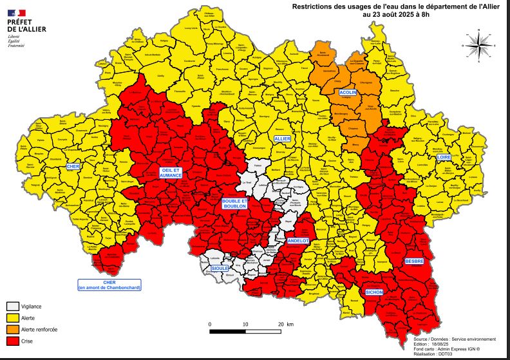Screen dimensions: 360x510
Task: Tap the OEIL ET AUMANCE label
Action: point(171,172)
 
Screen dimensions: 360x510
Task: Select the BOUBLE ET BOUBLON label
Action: point(234,204)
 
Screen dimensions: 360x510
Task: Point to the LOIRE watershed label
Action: point(443,156)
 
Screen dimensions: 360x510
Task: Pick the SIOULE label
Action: point(220,267)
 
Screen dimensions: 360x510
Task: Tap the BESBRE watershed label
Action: point(413,261)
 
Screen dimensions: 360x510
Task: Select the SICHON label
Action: point(374,292)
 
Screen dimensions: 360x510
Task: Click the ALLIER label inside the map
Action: point(282,138)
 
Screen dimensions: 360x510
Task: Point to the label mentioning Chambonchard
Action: point(109,285)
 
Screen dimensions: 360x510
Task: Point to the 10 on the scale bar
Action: point(245,323)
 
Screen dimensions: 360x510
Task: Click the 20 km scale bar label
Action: point(284,323)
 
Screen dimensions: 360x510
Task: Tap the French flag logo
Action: point(17,13)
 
